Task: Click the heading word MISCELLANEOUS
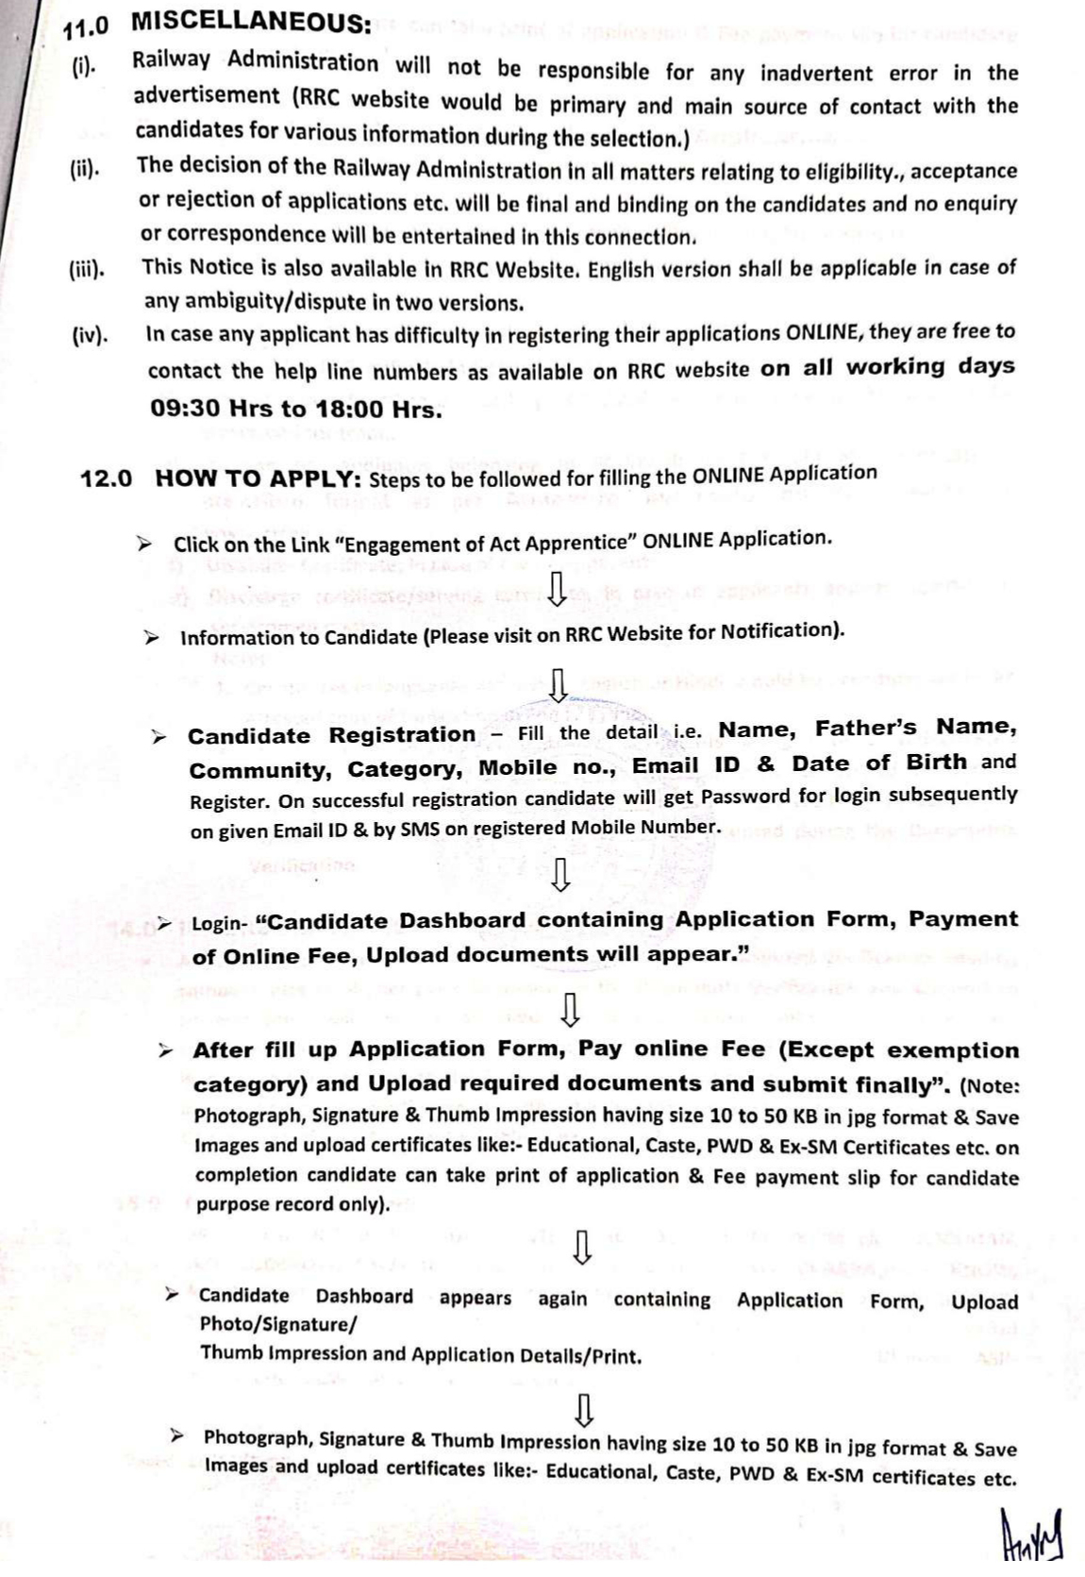pos(250,21)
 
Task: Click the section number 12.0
pos(106,478)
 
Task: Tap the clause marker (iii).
pos(87,270)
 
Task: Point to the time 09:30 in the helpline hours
pos(185,409)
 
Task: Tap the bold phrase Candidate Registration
pos(331,735)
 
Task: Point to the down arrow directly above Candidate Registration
pos(559,685)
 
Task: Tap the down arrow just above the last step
pos(584,1410)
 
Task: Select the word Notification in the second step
pos(779,631)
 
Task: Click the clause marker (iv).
pos(90,335)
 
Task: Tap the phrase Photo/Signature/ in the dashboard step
pos(278,1324)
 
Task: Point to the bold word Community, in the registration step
pos(260,771)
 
